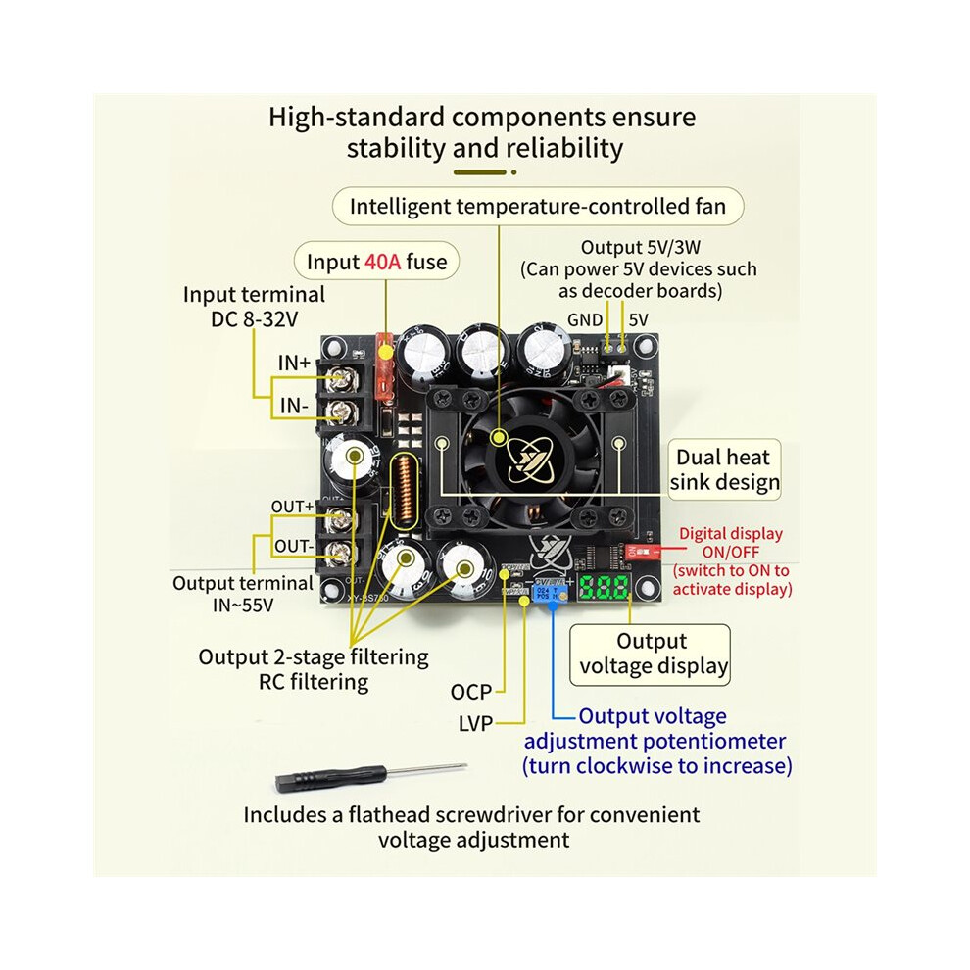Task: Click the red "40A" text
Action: click(382, 262)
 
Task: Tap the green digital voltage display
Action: click(604, 587)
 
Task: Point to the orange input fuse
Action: click(385, 366)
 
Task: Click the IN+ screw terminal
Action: click(339, 377)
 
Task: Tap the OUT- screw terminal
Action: click(339, 552)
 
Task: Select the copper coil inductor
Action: click(405, 491)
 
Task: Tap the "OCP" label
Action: click(470, 692)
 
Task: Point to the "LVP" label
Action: click(475, 723)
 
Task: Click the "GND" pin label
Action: click(585, 319)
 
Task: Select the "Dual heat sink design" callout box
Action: click(724, 469)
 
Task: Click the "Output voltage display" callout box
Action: click(650, 655)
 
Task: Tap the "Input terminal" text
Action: click(254, 295)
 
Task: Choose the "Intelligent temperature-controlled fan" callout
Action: click(538, 206)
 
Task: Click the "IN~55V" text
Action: click(243, 605)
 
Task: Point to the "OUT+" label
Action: click(293, 506)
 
